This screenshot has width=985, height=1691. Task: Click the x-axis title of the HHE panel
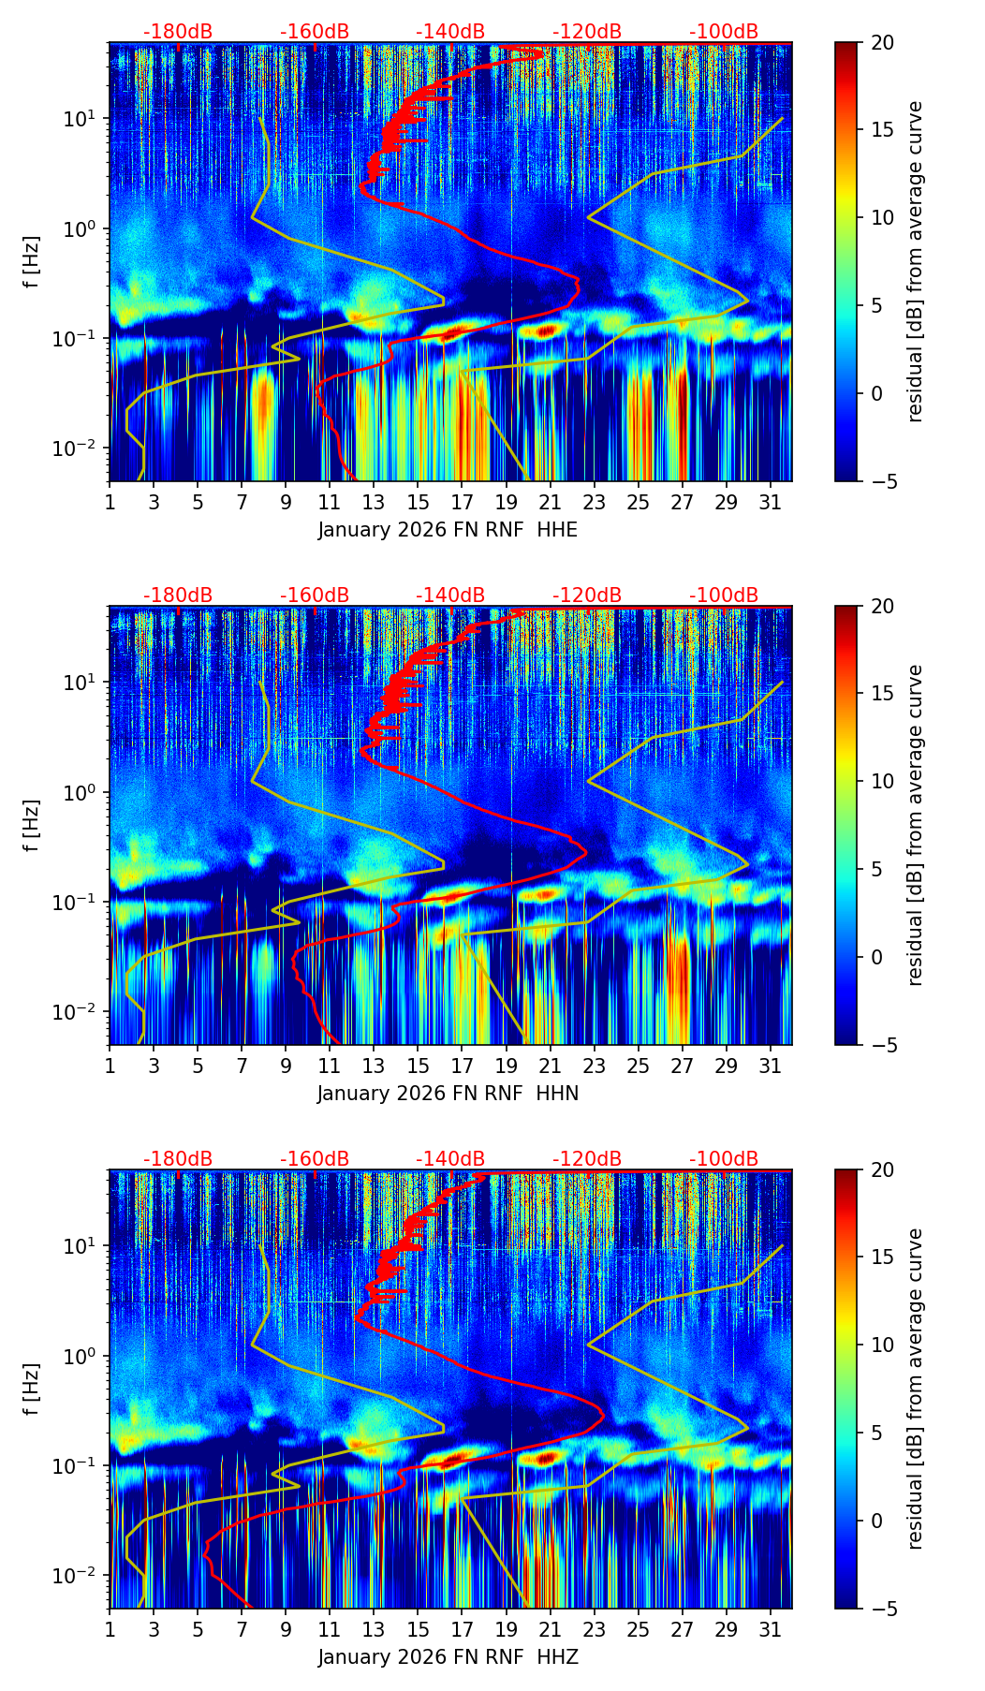click(x=448, y=530)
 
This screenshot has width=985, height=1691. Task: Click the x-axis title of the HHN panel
click(x=448, y=1094)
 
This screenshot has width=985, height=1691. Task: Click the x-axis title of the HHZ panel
click(x=448, y=1657)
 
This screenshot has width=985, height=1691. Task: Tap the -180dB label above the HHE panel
click(x=178, y=32)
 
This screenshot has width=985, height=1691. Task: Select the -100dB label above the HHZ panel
click(x=724, y=1159)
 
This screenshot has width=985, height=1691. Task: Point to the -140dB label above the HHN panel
click(x=450, y=596)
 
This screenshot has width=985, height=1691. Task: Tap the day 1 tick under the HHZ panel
click(x=110, y=1629)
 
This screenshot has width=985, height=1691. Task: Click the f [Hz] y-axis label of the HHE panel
click(x=33, y=261)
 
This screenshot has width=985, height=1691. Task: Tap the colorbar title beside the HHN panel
click(x=916, y=825)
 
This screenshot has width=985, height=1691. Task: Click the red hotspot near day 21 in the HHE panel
click(x=546, y=330)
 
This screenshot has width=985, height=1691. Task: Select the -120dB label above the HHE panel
click(x=587, y=32)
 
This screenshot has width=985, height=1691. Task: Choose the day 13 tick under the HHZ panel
click(x=374, y=1629)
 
